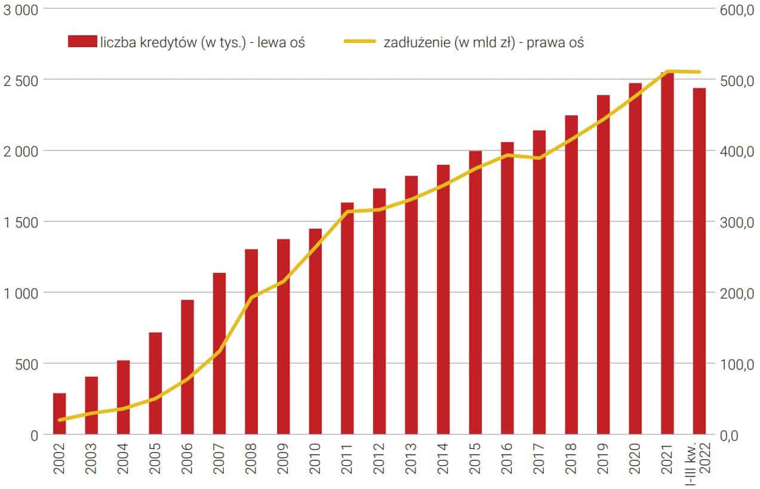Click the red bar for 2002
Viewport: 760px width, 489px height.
(60, 413)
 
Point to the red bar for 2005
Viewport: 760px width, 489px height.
(155, 383)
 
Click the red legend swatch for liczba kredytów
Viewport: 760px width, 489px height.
(82, 42)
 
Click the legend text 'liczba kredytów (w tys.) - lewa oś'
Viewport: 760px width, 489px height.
(203, 42)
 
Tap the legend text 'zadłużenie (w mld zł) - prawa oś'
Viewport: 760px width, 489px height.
(484, 42)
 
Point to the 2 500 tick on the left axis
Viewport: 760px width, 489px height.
(20, 80)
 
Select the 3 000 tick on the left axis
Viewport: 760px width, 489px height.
(20, 10)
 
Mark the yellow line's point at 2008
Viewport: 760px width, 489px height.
(251, 297)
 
